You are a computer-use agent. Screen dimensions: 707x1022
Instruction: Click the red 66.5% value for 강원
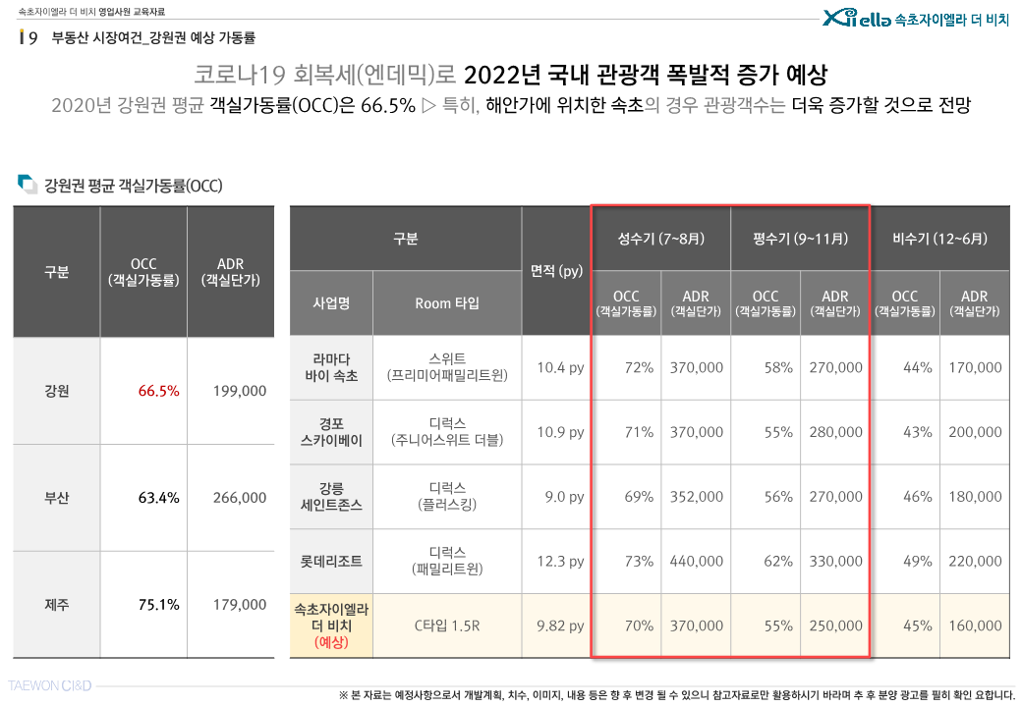coord(158,391)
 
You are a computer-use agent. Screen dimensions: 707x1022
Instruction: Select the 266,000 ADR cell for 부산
coord(239,498)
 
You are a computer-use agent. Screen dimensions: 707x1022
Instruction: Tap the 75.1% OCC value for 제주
coord(158,605)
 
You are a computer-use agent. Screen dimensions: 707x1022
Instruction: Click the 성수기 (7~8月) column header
coord(660,239)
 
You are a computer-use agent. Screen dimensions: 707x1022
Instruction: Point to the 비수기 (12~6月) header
coord(939,239)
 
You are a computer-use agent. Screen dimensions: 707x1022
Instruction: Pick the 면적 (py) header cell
coord(556,271)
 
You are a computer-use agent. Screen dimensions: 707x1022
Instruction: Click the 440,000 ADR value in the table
coord(696,562)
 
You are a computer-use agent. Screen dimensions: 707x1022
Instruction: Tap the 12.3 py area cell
coord(560,562)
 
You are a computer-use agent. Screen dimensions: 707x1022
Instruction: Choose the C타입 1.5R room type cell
coord(447,625)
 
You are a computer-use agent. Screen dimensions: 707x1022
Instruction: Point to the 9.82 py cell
coord(560,625)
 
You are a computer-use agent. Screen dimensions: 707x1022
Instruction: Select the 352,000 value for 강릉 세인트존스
coord(696,497)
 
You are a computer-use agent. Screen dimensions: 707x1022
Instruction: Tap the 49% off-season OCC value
coord(917,562)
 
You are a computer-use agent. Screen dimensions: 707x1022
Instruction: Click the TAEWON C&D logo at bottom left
coord(50,685)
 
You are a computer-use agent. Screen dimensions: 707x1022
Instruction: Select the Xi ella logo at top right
coord(856,18)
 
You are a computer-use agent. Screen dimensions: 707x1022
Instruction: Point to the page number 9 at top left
coord(33,38)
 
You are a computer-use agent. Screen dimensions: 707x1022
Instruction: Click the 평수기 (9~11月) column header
coord(800,239)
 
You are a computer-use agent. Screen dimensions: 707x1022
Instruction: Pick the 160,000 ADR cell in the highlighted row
coord(975,625)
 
